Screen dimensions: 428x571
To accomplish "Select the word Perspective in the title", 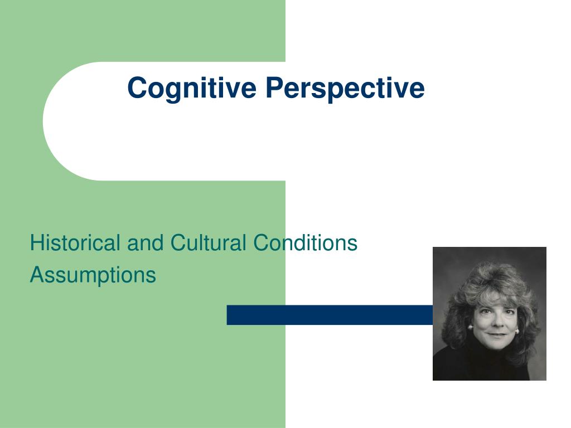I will [345, 88].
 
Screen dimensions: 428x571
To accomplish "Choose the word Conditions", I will [305, 243].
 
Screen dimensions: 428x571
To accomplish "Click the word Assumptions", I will [93, 275].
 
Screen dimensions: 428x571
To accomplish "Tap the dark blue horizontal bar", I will [329, 315].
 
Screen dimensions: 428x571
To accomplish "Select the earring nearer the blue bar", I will [470, 328].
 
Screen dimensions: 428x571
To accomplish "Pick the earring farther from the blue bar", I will [517, 331].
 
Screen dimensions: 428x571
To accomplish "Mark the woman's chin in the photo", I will [495, 345].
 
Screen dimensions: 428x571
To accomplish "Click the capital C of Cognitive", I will [137, 88].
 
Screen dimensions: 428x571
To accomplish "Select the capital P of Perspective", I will [273, 88].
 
